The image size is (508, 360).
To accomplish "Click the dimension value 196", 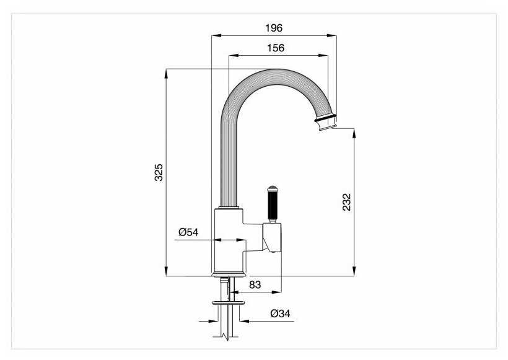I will pyautogui.click(x=274, y=28).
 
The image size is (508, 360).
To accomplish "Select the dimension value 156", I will pyautogui.click(x=276, y=48).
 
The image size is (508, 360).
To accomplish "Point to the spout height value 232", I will pyautogui.click(x=346, y=202).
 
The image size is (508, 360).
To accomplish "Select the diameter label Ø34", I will pyautogui.click(x=280, y=314).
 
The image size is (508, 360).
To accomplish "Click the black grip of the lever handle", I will pyautogui.click(x=271, y=204).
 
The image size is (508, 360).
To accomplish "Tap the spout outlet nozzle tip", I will pyautogui.click(x=326, y=126).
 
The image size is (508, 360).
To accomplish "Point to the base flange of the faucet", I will pyautogui.click(x=230, y=274).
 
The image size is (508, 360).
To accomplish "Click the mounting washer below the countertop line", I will pyautogui.click(x=230, y=302).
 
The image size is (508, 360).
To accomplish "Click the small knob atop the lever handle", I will pyautogui.click(x=271, y=187).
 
